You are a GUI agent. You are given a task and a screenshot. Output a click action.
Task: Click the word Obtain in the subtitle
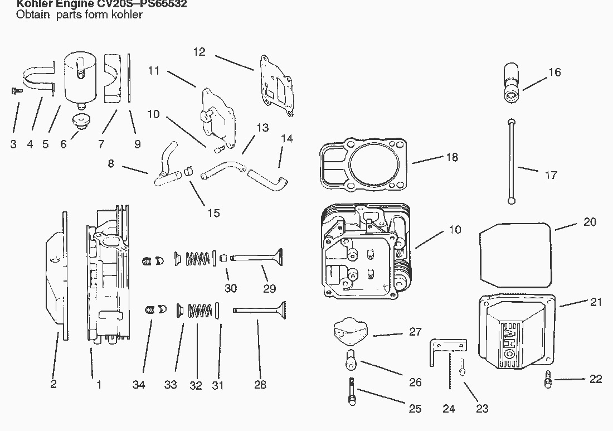pos(32,15)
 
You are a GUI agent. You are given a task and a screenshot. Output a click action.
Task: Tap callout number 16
pos(554,72)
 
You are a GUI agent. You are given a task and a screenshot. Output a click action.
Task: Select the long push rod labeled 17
pos(511,162)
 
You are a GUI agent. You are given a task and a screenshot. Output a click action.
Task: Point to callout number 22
pos(595,379)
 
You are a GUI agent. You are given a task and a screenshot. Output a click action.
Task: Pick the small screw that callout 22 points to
pos(547,380)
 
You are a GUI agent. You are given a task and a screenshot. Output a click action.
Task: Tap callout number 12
pos(199,52)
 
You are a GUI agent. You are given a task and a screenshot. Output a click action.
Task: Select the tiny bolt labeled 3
pos(16,90)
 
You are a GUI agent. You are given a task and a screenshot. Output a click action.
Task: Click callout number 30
pos(231,288)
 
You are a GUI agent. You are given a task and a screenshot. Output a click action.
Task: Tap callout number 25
pos(415,409)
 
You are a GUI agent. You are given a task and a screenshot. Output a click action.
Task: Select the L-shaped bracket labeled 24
pos(445,348)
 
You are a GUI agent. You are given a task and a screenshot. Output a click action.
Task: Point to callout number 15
pos(213,212)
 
